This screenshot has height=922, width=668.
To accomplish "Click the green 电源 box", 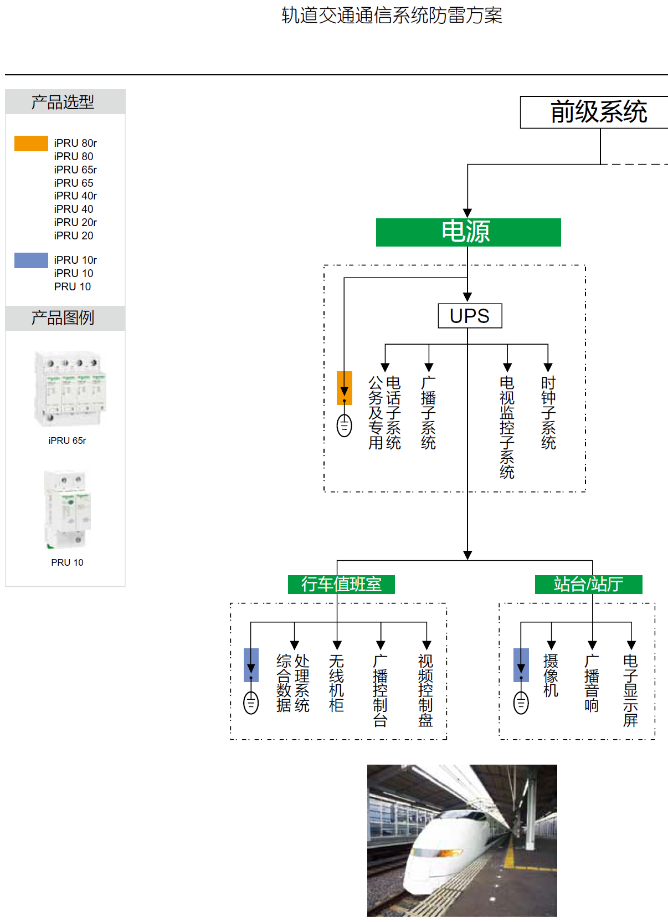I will (x=468, y=232).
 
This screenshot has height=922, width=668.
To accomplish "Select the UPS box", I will (x=470, y=316).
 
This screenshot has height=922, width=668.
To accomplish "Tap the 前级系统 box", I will (x=595, y=112).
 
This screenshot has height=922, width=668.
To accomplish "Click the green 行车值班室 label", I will (x=341, y=585).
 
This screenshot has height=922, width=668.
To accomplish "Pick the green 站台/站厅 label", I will (x=588, y=585).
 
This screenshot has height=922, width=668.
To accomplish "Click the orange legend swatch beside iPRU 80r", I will (x=31, y=144).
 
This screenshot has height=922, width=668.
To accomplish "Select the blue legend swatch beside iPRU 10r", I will (x=31, y=260).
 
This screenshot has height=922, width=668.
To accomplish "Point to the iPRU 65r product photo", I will (x=69, y=389).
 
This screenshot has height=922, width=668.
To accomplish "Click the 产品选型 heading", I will (x=63, y=102).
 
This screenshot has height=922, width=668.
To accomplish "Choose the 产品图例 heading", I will (x=63, y=318).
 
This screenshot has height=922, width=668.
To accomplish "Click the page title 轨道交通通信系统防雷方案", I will (x=392, y=16).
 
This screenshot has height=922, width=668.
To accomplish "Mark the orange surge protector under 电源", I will (x=345, y=388).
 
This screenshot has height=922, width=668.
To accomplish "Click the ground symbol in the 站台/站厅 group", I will (x=521, y=703).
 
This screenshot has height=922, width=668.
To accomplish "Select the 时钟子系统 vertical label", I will (x=548, y=413).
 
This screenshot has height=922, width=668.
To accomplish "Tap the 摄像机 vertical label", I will (x=551, y=675).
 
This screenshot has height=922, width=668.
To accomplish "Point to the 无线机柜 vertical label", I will (x=337, y=683).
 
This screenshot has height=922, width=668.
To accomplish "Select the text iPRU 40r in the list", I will (x=75, y=196).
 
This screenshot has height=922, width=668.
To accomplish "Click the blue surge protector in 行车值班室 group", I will (x=251, y=665).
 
